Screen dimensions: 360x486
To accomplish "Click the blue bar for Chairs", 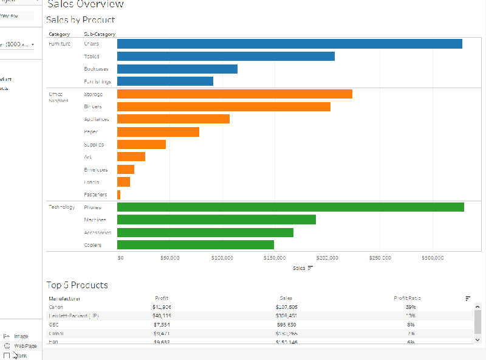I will pyautogui.click(x=289, y=44).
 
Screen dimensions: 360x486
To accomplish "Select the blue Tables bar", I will pyautogui.click(x=225, y=56).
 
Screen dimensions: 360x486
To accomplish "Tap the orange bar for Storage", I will pyautogui.click(x=234, y=94).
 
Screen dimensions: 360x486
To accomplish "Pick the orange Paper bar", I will pyautogui.click(x=158, y=132).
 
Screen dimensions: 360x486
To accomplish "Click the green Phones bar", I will pyautogui.click(x=290, y=207).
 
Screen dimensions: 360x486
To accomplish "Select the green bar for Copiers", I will pyautogui.click(x=195, y=245).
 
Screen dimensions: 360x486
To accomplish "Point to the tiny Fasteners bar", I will pyautogui.click(x=118, y=195).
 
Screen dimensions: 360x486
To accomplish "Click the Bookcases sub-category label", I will pyautogui.click(x=96, y=69).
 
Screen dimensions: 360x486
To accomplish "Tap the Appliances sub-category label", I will pyautogui.click(x=97, y=119).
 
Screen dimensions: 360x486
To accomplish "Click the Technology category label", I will pyautogui.click(x=61, y=207).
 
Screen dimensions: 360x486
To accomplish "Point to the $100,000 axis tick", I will pyautogui.click(x=222, y=258).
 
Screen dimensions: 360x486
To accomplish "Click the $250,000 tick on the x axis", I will pyautogui.click(x=380, y=258).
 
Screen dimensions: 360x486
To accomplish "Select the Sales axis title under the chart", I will pyautogui.click(x=299, y=268).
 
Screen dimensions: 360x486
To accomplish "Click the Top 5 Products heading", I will pyautogui.click(x=77, y=285).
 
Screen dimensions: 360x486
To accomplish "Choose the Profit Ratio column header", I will pyautogui.click(x=407, y=299).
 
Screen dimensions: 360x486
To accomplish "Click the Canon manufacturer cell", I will pyautogui.click(x=55, y=307).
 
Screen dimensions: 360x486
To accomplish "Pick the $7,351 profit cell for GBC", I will pyautogui.click(x=162, y=325).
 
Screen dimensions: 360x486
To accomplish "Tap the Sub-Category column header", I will pyautogui.click(x=100, y=34).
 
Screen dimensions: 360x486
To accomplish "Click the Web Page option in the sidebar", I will pyautogui.click(x=25, y=345).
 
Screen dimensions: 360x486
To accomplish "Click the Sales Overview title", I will pyautogui.click(x=85, y=4).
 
